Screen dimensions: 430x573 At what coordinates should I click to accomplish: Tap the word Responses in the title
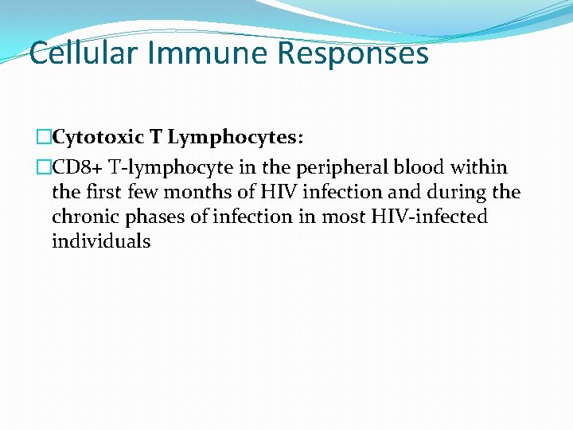coord(353,53)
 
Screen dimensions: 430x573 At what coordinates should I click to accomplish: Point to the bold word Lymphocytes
coord(236,138)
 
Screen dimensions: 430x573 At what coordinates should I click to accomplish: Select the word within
coord(478,168)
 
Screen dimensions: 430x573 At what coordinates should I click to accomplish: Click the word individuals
coord(101,241)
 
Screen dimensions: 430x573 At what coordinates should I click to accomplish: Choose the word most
coord(343,217)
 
